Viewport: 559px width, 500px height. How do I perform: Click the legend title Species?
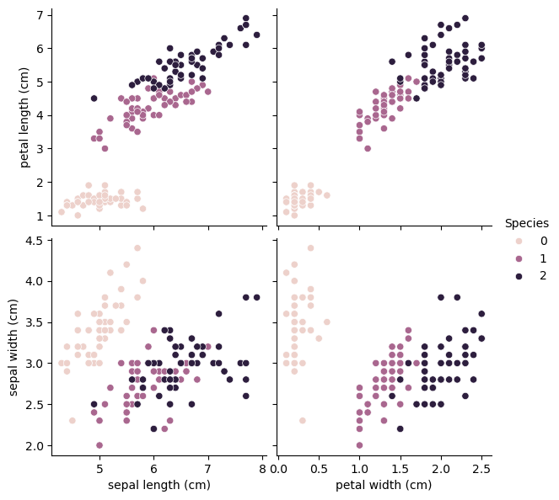pyautogui.click(x=527, y=223)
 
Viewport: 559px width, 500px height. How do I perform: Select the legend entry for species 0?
pyautogui.click(x=542, y=240)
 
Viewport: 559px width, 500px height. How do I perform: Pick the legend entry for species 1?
pyautogui.click(x=542, y=258)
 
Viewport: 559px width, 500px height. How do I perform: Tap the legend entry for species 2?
pyautogui.click(x=542, y=275)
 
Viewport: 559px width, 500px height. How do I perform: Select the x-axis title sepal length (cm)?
pyautogui.click(x=159, y=485)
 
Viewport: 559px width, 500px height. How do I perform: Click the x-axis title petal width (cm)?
pyautogui.click(x=384, y=485)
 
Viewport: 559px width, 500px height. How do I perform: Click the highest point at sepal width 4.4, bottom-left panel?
pyautogui.click(x=137, y=248)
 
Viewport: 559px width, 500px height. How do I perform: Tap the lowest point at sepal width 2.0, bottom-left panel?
pyautogui.click(x=99, y=445)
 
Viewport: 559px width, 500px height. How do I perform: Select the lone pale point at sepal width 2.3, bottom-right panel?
pyautogui.click(x=302, y=420)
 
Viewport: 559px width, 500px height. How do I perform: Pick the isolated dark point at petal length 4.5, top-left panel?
pyautogui.click(x=94, y=98)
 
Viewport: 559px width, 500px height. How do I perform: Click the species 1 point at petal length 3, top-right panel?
pyautogui.click(x=368, y=148)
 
